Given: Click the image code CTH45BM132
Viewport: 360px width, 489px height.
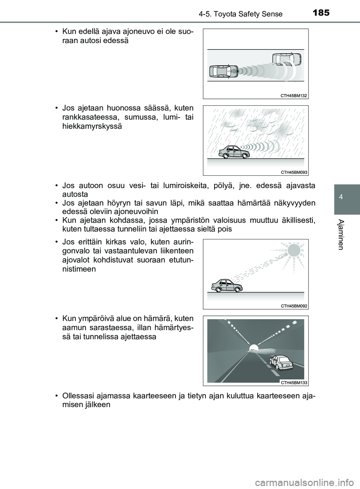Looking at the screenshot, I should point(294,96).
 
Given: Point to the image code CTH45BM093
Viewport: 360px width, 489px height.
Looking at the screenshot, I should point(294,172).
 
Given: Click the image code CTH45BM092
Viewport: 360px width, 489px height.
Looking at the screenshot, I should point(294,306).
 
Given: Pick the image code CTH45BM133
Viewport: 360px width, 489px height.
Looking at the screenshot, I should point(294,382).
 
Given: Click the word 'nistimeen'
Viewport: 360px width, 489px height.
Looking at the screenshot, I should point(79,269).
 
